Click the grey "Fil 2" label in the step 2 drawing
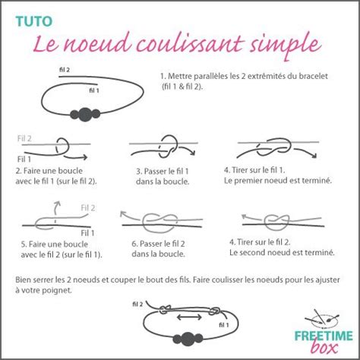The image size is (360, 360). coord(24,139)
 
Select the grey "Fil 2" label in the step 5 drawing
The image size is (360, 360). coord(87,207)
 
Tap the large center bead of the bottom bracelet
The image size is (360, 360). coord(188,338)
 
